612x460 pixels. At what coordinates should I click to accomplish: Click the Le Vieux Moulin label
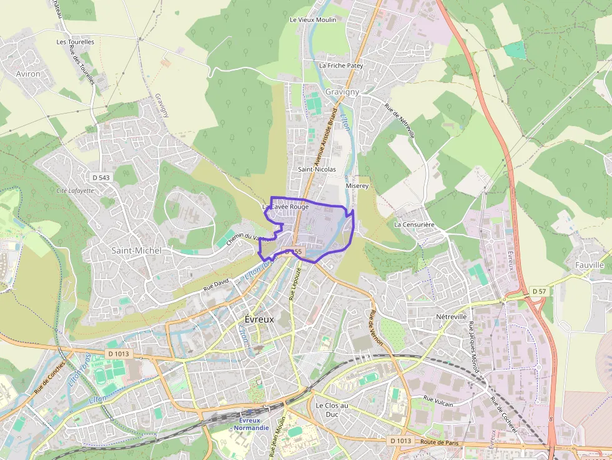313,20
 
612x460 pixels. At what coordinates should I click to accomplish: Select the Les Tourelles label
75,42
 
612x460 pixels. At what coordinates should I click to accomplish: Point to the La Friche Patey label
341,65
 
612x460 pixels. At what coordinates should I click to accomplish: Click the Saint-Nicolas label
317,169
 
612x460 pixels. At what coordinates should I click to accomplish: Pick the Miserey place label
357,186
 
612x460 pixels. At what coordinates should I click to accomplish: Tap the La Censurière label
414,224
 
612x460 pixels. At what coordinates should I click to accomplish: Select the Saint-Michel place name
136,250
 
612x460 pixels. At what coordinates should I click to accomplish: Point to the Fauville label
589,265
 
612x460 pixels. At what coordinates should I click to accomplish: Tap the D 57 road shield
540,291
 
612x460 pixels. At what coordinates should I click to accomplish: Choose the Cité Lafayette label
75,190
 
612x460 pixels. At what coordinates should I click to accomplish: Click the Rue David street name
217,286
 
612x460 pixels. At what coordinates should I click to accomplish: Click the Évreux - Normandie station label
249,424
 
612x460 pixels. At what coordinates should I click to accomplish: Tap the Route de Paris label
440,443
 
